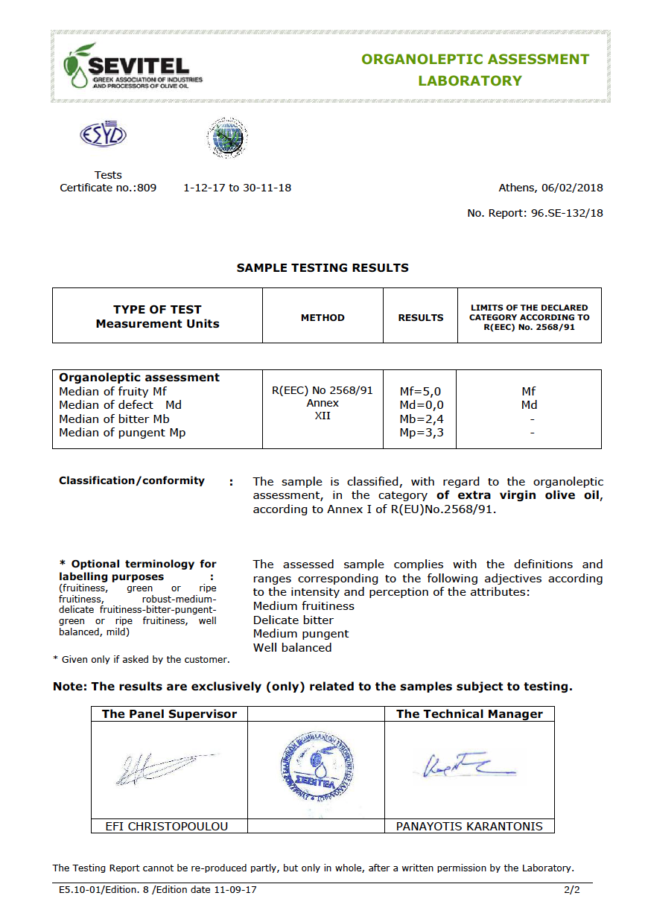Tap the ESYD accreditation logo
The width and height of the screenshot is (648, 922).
(x=103, y=135)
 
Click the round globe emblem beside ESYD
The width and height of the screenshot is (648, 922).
(x=226, y=138)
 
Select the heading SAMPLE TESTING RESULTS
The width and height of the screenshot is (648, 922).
(x=323, y=267)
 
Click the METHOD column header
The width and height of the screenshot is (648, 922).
(x=323, y=317)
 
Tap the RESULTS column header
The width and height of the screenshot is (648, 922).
(x=421, y=317)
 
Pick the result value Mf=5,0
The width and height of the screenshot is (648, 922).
(x=422, y=391)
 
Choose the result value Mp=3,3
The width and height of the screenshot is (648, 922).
(x=422, y=433)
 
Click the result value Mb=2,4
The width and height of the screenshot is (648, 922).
(x=422, y=419)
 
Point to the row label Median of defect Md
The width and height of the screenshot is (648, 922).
(x=120, y=405)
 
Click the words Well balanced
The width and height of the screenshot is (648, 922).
(x=292, y=648)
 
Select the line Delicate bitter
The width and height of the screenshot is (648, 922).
(x=293, y=620)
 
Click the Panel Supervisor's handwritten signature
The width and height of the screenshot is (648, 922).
(x=165, y=769)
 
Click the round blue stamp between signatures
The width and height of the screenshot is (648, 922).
(x=317, y=769)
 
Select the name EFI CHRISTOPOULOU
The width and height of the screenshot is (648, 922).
(x=167, y=826)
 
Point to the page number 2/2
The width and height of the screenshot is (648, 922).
(x=571, y=889)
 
